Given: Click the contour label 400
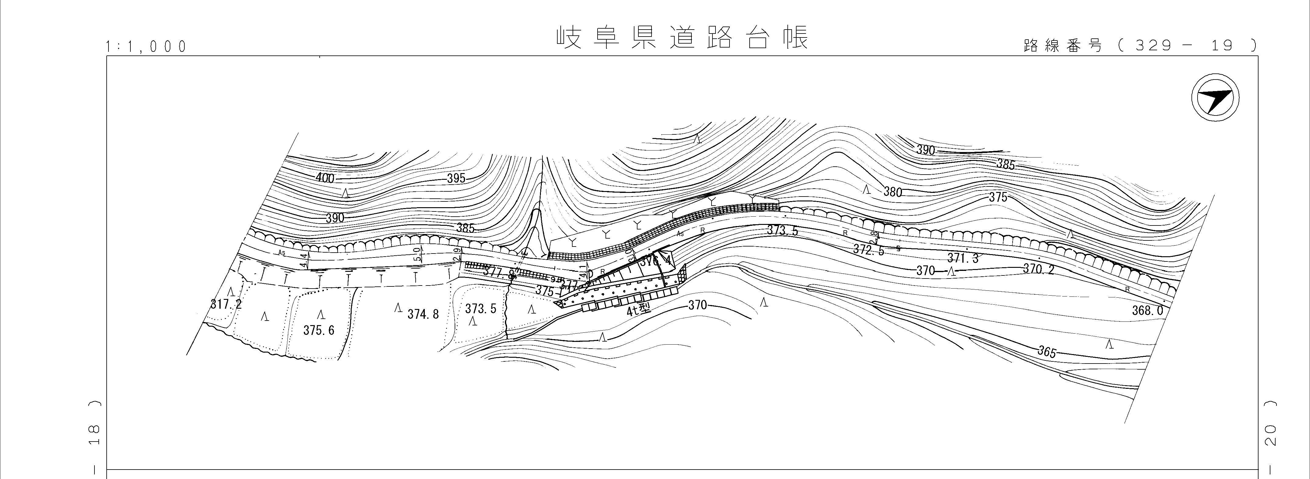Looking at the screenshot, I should [325, 178].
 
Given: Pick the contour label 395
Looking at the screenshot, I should [456, 179].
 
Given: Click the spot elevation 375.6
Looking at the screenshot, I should [319, 331].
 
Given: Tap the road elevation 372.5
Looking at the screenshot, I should [868, 250].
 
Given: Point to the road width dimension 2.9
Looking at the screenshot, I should [457, 253].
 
